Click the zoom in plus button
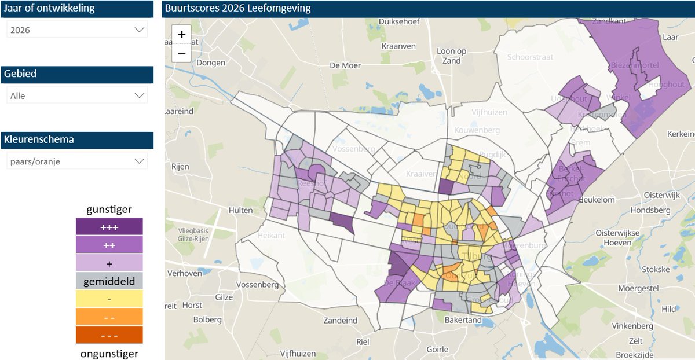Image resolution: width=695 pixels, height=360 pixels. (181, 35)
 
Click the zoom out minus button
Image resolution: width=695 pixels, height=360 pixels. (181, 53)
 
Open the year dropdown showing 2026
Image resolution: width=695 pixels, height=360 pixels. (77, 30)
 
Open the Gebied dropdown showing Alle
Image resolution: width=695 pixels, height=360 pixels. (77, 95)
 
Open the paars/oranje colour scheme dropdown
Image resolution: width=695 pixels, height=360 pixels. (77, 161)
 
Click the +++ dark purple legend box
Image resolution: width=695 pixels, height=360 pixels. (109, 227)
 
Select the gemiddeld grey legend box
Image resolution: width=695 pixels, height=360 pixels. (109, 281)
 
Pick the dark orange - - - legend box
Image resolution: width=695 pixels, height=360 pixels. (109, 335)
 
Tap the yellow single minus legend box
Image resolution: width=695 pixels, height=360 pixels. (109, 299)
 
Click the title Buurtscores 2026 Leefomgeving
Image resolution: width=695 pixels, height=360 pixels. (237, 8)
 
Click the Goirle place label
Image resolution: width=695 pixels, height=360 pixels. (437, 349)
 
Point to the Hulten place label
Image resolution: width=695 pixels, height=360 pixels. (241, 210)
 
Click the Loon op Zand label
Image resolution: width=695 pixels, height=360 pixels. (451, 56)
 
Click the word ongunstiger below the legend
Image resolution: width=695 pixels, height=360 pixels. (109, 353)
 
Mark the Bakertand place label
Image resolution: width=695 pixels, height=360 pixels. (463, 319)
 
